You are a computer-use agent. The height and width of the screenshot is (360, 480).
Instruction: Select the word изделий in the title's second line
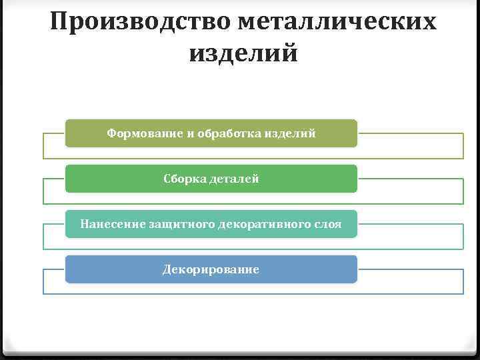(243, 53)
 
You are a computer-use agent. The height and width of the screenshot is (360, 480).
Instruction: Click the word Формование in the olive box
(145, 133)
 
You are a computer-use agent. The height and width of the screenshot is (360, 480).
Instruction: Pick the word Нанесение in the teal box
(109, 224)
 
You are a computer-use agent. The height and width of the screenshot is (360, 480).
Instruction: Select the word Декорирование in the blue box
(211, 269)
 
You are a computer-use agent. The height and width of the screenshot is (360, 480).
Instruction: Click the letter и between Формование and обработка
(189, 134)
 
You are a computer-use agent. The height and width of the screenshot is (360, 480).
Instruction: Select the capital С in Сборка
(167, 179)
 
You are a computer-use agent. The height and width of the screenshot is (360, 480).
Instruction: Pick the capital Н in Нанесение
(84, 224)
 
